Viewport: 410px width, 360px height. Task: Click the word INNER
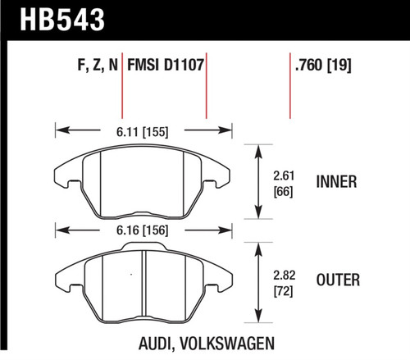point(336,182)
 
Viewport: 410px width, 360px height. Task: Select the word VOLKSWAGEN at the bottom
point(225,345)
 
